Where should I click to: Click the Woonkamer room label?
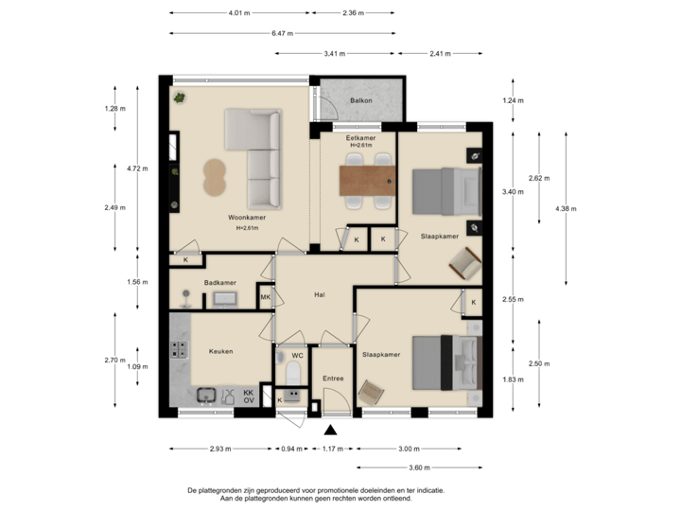tap(246, 218)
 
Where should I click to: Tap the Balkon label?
tap(360, 100)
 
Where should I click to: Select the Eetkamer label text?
tap(360, 139)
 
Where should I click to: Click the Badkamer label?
tap(219, 283)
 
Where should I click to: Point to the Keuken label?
tap(220, 351)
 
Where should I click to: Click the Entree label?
tap(333, 379)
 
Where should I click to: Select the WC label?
tap(296, 356)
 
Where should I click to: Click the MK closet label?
tap(266, 298)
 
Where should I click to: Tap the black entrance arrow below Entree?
tap(330, 429)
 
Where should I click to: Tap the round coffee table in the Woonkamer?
tap(216, 176)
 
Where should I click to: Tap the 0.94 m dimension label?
tap(291, 449)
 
